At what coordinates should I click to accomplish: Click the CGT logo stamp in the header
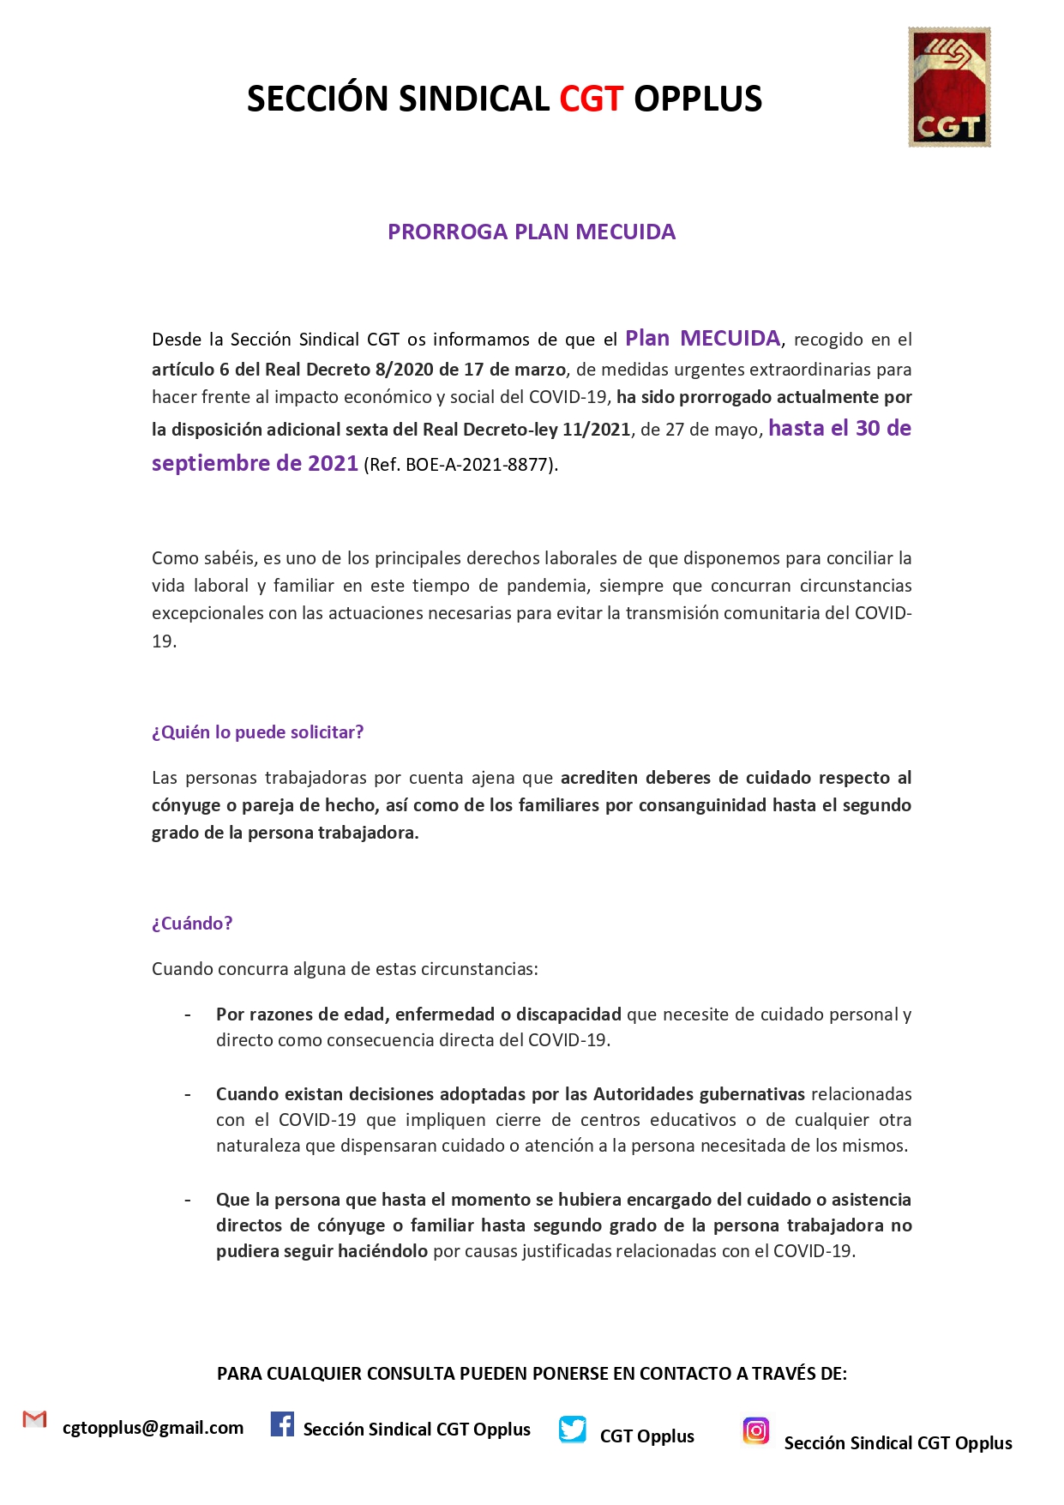tap(949, 87)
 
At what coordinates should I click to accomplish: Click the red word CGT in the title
tap(591, 99)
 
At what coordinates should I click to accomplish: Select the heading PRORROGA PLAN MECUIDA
tap(532, 232)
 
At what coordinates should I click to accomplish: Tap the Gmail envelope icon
tap(34, 1419)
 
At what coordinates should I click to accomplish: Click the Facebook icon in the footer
tap(282, 1424)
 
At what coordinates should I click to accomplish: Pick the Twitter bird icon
tap(572, 1430)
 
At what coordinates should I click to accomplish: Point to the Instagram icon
tap(755, 1430)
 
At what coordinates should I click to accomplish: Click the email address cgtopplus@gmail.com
tap(153, 1428)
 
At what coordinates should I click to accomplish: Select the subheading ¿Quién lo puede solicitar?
tap(257, 732)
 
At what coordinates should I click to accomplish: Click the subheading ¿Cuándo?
tap(192, 924)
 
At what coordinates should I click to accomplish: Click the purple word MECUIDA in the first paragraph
tap(730, 339)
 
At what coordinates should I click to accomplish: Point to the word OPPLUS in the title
tap(698, 99)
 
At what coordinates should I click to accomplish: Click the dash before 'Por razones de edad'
tap(188, 1015)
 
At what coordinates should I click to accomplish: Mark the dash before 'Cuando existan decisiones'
tap(188, 1095)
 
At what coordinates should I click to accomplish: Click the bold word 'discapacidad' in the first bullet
tap(568, 1014)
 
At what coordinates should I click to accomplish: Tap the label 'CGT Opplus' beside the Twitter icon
tap(646, 1436)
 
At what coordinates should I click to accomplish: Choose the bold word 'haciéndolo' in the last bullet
tap(382, 1251)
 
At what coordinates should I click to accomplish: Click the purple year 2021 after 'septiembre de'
tap(333, 464)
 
